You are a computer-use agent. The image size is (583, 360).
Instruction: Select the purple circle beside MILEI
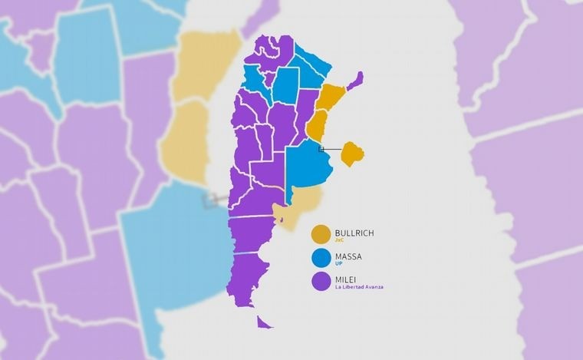321,282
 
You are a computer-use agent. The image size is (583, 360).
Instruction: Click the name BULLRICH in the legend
354,232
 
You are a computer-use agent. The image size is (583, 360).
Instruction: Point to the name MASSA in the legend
348,255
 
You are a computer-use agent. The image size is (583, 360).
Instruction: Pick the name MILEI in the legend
347,279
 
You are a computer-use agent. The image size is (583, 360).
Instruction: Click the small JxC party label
339,240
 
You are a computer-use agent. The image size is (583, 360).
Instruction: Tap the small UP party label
338,263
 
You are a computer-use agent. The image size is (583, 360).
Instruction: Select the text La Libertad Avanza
358,287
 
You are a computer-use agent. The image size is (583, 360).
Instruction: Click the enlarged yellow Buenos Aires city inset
352,153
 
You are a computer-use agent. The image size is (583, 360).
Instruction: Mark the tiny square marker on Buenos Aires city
321,148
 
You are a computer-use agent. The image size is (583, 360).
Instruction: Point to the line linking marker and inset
331,149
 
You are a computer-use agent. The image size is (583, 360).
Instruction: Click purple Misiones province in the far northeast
354,81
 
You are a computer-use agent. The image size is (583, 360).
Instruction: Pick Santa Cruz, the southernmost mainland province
250,276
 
